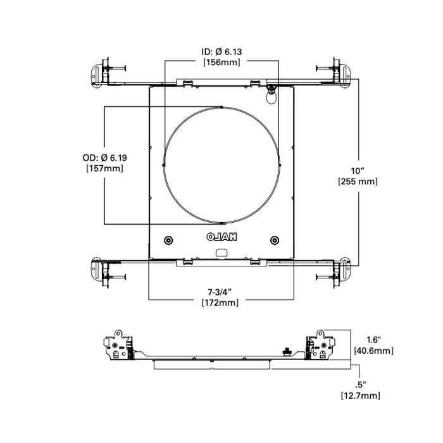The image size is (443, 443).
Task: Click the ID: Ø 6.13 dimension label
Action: pyautogui.click(x=220, y=51)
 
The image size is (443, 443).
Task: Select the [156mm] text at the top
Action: pyautogui.click(x=220, y=62)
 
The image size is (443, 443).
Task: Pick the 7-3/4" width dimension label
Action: pyautogui.click(x=220, y=292)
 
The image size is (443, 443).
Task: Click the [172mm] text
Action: pyautogui.click(x=220, y=303)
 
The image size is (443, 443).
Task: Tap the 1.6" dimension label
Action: pyautogui.click(x=365, y=339)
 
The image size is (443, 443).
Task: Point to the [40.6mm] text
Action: pyautogui.click(x=373, y=350)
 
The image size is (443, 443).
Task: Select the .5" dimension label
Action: pyautogui.click(x=361, y=384)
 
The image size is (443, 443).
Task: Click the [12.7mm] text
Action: pyautogui.click(x=359, y=396)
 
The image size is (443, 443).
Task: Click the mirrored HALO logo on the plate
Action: pyautogui.click(x=221, y=238)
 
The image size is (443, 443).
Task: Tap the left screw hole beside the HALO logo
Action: pyautogui.click(x=168, y=240)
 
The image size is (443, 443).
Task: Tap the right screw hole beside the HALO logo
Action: pyautogui.click(x=274, y=240)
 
